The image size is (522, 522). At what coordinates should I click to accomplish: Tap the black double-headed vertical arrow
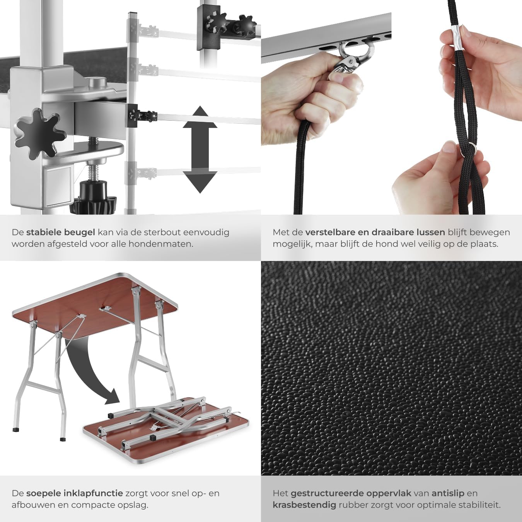click(x=200, y=150)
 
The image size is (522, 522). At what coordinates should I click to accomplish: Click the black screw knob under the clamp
click(x=94, y=197)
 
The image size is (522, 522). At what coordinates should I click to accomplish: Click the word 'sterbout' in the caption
click(x=162, y=232)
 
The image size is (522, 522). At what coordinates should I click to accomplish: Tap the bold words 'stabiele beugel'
click(x=60, y=232)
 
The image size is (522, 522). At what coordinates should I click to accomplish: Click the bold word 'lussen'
click(x=425, y=232)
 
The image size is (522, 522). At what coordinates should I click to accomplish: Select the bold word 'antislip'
click(x=448, y=493)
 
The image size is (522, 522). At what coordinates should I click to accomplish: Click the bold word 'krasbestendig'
click(x=304, y=505)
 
